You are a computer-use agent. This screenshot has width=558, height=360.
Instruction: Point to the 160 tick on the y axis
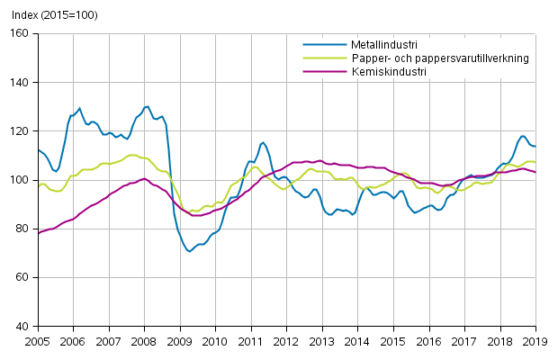pyautogui.click(x=20, y=33)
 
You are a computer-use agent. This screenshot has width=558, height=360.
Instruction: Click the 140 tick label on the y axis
pyautogui.click(x=20, y=83)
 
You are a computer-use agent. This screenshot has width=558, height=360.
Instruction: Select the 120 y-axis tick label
pyautogui.click(x=20, y=131)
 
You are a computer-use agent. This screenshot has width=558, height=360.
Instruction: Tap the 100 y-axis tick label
pyautogui.click(x=20, y=180)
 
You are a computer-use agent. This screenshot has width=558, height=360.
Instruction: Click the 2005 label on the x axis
pyautogui.click(x=38, y=342)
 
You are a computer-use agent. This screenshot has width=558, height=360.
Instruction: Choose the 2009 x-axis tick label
pyautogui.click(x=180, y=342)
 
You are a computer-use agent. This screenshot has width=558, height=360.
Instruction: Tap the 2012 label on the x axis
pyautogui.click(x=286, y=342)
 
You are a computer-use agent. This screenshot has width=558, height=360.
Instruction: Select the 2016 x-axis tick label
pyautogui.click(x=428, y=342)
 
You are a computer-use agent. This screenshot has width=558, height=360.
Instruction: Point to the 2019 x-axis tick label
pyautogui.click(x=535, y=342)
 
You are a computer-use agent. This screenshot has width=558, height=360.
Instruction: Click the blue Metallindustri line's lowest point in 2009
pyautogui.click(x=189, y=251)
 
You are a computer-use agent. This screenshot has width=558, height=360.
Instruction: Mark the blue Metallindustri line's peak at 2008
pyautogui.click(x=147, y=106)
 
